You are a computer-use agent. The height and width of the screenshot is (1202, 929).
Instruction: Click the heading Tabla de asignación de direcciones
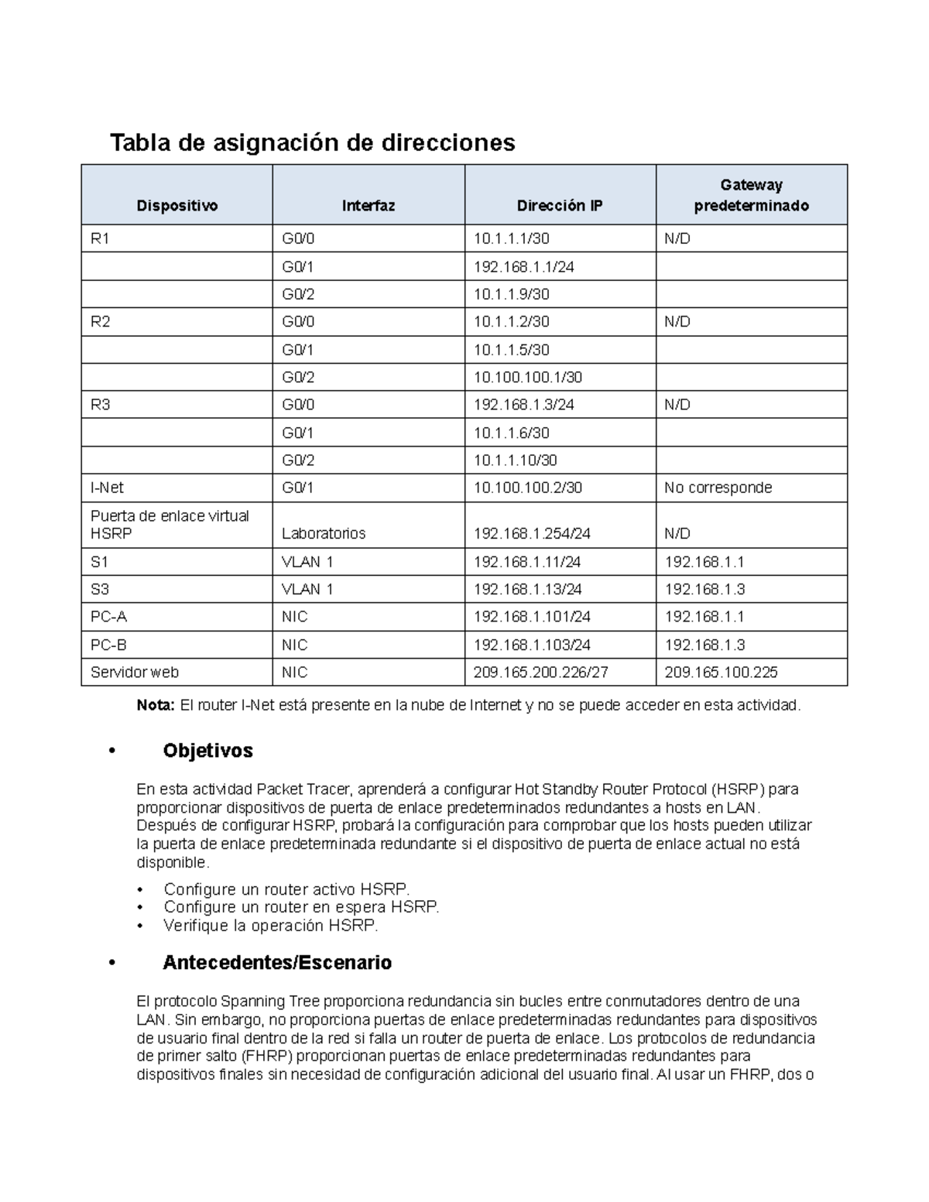tap(312, 143)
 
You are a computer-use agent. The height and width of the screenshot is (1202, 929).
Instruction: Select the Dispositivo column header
tap(177, 206)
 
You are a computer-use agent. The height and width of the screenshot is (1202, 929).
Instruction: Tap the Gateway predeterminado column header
tap(751, 195)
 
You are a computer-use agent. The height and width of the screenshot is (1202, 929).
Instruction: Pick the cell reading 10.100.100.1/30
tap(527, 378)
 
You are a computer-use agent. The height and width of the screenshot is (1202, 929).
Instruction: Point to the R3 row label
tap(101, 405)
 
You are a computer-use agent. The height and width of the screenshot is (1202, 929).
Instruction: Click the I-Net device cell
tap(107, 488)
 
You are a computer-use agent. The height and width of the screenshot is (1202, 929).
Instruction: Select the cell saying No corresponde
tap(718, 488)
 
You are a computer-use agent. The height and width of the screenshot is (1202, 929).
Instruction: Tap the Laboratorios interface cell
tap(324, 533)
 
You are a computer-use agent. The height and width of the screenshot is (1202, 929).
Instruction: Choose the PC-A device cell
tap(108, 617)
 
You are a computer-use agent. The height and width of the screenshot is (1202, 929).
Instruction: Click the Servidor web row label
tap(134, 673)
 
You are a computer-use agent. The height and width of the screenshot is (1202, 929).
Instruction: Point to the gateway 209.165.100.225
tap(721, 673)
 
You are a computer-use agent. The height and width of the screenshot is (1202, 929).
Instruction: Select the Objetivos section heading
tap(207, 751)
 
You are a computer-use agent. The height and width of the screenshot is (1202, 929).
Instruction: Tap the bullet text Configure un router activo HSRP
tap(286, 889)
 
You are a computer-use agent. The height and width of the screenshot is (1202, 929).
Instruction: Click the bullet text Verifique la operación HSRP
tap(270, 926)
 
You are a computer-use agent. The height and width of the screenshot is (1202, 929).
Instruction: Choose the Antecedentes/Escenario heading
tap(276, 963)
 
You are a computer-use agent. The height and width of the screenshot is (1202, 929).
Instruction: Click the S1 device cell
tap(100, 562)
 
